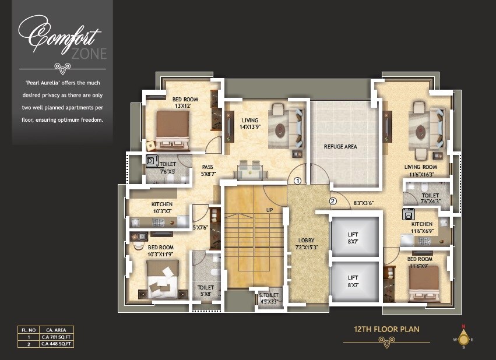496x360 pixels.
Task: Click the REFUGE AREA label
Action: point(340,147)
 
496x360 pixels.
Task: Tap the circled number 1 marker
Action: point(297,181)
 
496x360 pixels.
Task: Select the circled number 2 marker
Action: point(333,201)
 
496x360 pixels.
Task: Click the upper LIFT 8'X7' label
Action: point(353,238)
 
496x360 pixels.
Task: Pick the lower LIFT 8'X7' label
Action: point(353,281)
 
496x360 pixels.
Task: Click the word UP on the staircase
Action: point(269,210)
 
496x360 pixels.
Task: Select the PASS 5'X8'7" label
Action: point(207,170)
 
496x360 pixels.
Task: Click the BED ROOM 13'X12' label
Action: point(185,103)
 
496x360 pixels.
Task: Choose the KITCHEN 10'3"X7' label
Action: point(162,207)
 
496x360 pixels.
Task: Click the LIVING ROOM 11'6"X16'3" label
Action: point(420,170)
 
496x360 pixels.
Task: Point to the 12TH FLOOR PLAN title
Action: point(386,329)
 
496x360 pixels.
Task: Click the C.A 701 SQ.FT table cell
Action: point(56,337)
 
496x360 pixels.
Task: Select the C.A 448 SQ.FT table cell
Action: point(56,344)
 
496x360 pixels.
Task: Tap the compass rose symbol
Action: point(463,338)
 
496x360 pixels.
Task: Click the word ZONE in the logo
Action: point(89,54)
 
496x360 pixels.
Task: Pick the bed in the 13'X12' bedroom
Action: point(173,129)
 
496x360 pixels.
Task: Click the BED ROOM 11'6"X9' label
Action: point(420,262)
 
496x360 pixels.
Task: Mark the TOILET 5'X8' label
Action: point(206,291)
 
